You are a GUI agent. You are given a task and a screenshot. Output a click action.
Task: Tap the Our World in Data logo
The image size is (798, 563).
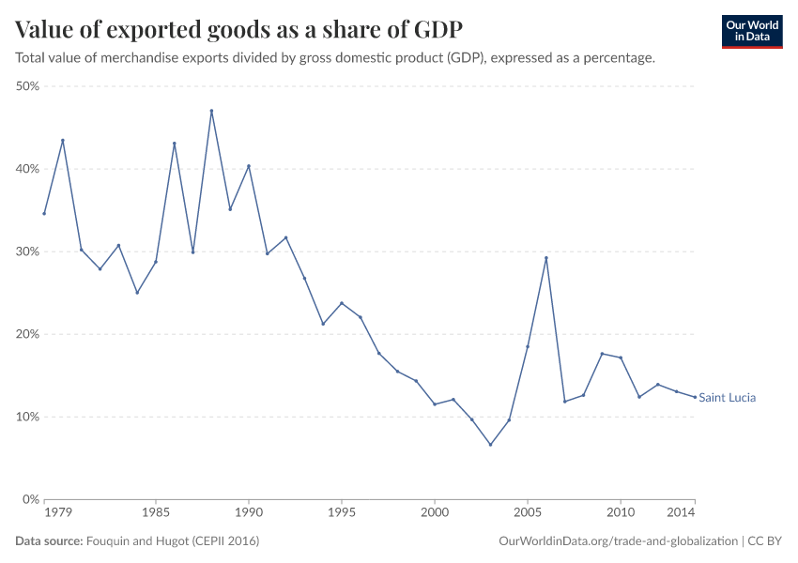pos(751,31)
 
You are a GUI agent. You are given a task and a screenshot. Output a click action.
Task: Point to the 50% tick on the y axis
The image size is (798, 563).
pos(26,86)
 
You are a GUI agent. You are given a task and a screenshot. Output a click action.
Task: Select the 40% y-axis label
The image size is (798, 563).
pos(26,169)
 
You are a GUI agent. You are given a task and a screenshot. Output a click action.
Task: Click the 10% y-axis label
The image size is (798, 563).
pos(26,417)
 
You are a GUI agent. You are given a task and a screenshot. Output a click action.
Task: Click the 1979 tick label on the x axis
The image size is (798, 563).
pos(57,513)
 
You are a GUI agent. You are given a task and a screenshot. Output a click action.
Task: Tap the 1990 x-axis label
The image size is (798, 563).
pos(249,513)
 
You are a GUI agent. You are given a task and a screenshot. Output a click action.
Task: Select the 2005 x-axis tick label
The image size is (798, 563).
pos(528,513)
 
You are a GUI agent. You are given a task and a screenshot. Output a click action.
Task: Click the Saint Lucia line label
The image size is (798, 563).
pos(727,398)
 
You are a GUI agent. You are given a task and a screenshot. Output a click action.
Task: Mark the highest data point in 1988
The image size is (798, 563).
pos(211,111)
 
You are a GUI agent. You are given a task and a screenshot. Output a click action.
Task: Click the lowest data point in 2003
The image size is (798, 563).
pos(490,445)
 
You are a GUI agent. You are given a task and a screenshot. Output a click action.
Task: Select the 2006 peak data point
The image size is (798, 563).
pos(546,258)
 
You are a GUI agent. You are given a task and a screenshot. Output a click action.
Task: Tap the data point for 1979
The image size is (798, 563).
pos(62,141)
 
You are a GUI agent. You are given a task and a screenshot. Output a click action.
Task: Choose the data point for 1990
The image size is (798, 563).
pos(249,166)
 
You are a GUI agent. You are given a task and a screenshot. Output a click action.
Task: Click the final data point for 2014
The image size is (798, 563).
pos(695,397)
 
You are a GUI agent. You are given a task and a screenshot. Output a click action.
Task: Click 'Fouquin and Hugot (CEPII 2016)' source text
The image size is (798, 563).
pos(173,541)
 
